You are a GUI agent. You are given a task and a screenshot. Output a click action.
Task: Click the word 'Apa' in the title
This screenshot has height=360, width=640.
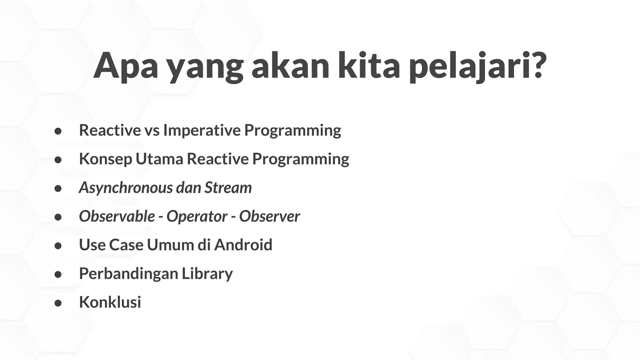126,66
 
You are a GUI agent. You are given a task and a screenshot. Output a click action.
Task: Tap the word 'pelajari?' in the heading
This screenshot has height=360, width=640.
478,66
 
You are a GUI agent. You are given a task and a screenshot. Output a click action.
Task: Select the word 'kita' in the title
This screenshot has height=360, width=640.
369,66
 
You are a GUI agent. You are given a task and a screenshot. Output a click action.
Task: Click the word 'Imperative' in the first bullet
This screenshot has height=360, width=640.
202,130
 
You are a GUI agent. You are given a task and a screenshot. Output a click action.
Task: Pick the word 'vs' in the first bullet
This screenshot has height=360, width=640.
152,130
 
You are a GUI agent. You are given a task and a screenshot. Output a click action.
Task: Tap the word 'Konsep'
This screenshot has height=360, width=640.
105,159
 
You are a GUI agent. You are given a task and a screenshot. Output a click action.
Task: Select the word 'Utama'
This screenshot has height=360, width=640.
159,159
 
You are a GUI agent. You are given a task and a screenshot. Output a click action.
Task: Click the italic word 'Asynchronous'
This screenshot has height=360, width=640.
126,188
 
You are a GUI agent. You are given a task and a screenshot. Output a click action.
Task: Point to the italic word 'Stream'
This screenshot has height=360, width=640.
228,187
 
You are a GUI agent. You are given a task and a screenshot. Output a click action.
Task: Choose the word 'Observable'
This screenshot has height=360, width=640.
117,216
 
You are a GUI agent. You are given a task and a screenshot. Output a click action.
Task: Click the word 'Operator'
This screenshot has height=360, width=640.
197,216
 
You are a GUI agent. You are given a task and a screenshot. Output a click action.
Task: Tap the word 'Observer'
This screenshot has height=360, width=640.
269,216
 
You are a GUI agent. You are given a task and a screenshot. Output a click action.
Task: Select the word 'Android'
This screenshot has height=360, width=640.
243,245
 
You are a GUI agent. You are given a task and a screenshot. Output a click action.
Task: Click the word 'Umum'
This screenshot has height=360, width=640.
170,245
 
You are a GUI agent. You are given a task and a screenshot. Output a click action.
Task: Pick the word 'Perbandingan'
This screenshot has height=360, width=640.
128,274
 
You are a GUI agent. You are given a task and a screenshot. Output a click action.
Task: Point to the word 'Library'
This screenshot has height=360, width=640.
207,274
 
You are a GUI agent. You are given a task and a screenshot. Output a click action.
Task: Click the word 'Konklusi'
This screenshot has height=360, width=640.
110,302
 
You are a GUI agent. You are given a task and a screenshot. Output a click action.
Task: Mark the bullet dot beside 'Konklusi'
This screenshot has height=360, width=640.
58,303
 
